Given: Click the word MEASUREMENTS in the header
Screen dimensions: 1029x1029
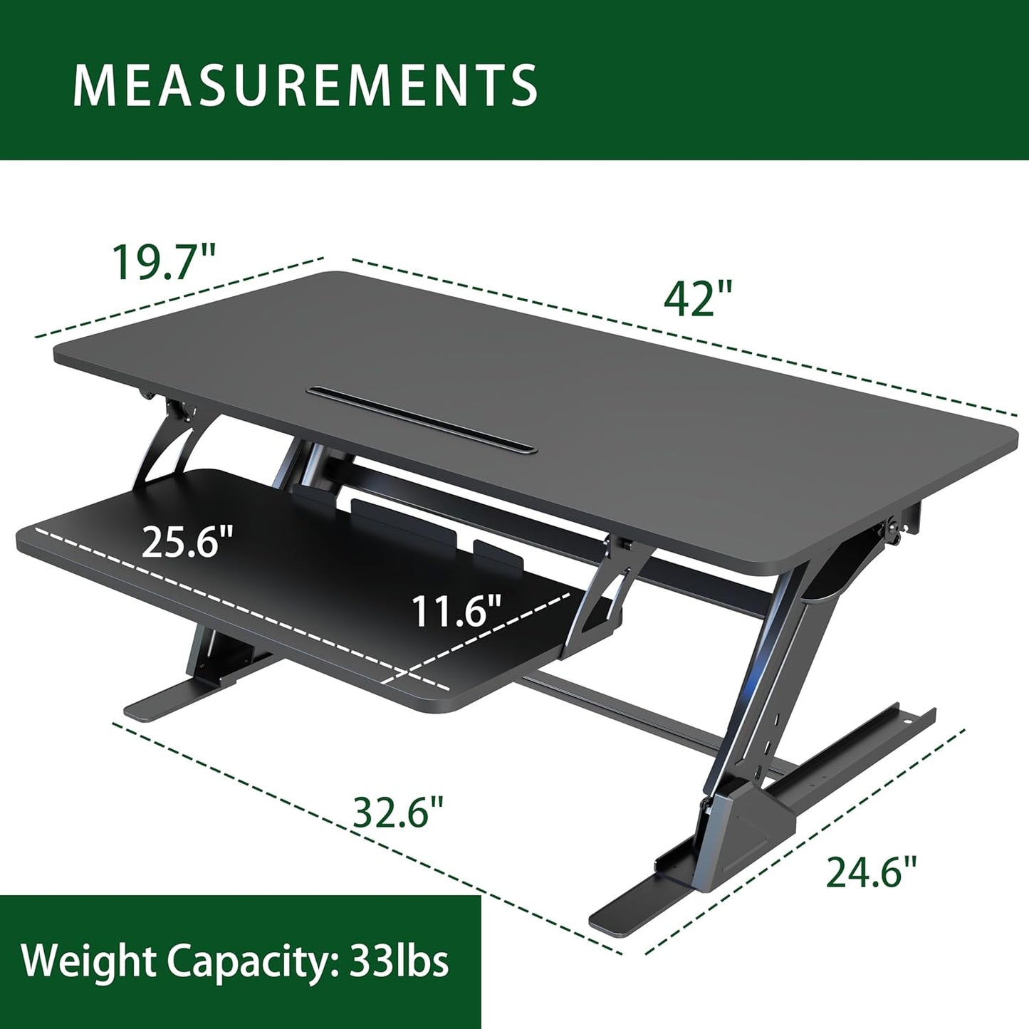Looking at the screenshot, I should point(305,85).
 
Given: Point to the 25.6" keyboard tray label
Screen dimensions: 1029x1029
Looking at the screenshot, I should point(188,543).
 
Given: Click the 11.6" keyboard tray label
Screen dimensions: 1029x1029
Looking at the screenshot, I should point(456,612).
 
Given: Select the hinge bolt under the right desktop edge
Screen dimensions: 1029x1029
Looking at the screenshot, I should point(892,530).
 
